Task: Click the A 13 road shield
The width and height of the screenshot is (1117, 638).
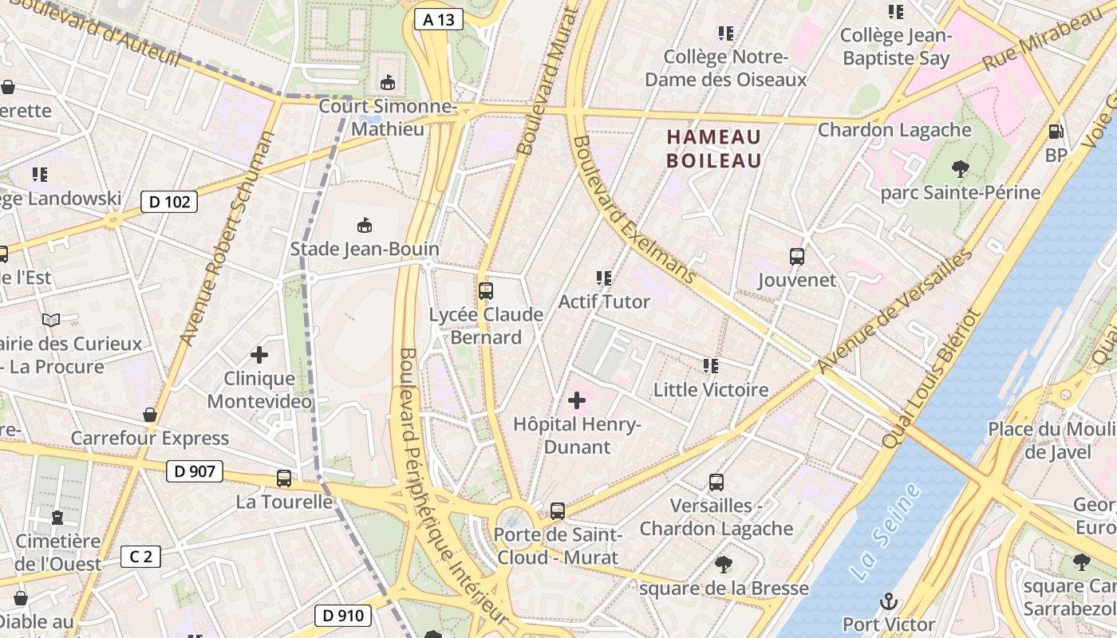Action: click(439, 20)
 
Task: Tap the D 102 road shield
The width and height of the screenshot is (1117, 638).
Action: click(170, 202)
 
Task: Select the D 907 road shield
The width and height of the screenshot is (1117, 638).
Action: click(195, 471)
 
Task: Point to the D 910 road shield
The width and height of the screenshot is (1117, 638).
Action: click(344, 616)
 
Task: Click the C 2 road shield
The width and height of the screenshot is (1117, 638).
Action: click(140, 557)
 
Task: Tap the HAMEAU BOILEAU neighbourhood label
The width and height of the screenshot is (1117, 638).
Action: click(713, 148)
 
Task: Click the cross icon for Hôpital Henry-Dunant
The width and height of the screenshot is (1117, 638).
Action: click(577, 400)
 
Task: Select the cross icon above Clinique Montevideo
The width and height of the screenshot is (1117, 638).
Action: click(259, 354)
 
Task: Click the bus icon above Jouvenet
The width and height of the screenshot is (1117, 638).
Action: click(797, 256)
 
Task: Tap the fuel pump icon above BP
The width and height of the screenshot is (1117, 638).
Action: click(1056, 132)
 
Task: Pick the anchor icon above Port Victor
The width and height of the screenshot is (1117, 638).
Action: click(888, 601)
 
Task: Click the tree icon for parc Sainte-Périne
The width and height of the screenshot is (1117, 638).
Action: click(960, 168)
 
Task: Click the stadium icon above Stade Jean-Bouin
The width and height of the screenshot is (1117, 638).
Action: click(365, 225)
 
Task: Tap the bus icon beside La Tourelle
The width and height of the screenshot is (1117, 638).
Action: click(284, 478)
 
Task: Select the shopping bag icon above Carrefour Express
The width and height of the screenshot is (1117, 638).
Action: click(149, 415)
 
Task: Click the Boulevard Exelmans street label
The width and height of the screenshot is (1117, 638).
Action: click(635, 211)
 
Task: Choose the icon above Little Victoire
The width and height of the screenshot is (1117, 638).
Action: click(710, 365)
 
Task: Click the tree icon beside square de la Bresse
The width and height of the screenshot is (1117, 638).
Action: click(724, 565)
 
